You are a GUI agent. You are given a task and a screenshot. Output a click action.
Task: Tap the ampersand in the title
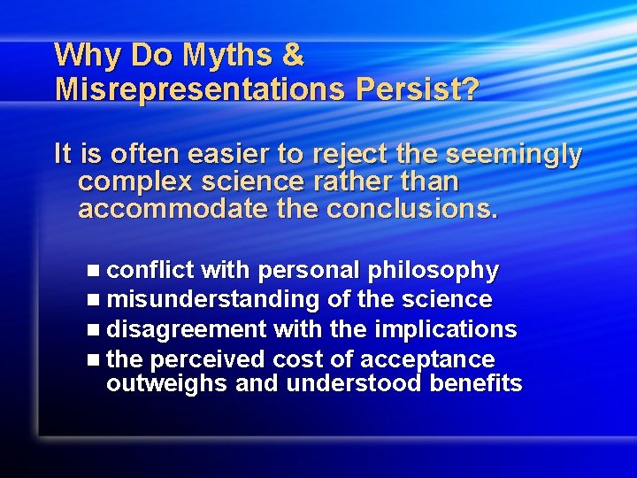[x=292, y=56]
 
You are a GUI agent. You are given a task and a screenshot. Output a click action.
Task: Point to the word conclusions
[x=412, y=211]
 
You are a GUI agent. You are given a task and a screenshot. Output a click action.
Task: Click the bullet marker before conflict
[x=96, y=270]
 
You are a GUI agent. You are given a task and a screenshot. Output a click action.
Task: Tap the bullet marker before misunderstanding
[x=96, y=300]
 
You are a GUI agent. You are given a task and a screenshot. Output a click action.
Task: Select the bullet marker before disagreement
[x=96, y=330]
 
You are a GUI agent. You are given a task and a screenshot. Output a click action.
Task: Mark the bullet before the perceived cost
[x=96, y=360]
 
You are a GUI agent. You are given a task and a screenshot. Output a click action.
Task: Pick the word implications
[x=446, y=329]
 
